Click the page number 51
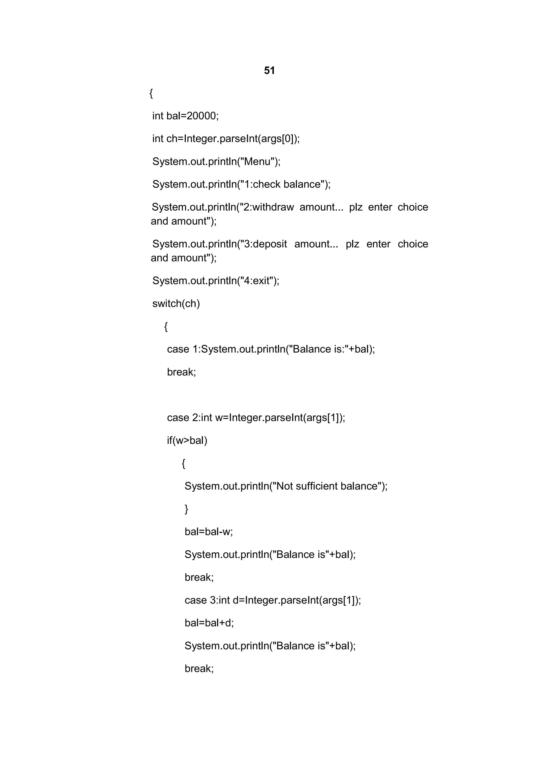click(269, 71)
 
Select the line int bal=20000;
click(185, 116)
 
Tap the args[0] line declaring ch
click(226, 138)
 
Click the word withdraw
click(278, 207)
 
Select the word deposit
click(270, 244)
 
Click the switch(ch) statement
click(176, 303)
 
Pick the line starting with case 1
click(271, 349)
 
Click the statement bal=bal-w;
click(208, 532)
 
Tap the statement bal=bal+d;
click(209, 623)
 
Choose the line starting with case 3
click(272, 600)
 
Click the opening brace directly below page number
click(151, 94)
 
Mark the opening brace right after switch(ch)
click(166, 327)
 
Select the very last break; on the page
click(199, 668)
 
